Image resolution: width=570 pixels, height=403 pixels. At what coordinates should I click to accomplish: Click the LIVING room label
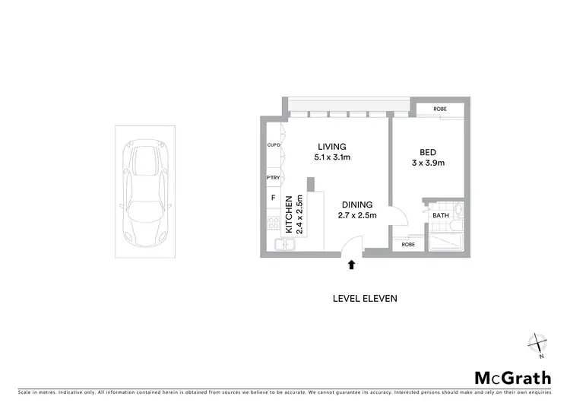(x=332, y=147)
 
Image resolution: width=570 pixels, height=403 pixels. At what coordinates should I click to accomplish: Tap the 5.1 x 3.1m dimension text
(x=332, y=157)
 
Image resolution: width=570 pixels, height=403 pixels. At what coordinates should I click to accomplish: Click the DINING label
(x=356, y=205)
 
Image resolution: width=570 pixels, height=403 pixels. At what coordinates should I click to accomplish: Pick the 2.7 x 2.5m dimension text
(x=356, y=215)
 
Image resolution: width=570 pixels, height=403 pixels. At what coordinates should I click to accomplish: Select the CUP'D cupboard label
(x=273, y=144)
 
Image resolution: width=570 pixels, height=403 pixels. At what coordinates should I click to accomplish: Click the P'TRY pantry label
(x=273, y=178)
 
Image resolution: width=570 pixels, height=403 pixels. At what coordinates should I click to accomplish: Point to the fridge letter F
(x=273, y=198)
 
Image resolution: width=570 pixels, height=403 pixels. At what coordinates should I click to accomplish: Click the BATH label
(x=441, y=216)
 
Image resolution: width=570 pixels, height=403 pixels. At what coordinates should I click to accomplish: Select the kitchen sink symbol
(x=286, y=243)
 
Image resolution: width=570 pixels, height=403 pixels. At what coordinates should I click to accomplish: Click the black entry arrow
(x=351, y=265)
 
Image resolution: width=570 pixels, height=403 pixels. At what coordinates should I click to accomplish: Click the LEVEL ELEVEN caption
(x=365, y=298)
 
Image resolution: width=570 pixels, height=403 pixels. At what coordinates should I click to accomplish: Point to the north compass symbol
(x=538, y=344)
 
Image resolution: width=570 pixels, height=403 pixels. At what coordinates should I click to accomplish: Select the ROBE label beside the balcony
(x=440, y=109)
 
